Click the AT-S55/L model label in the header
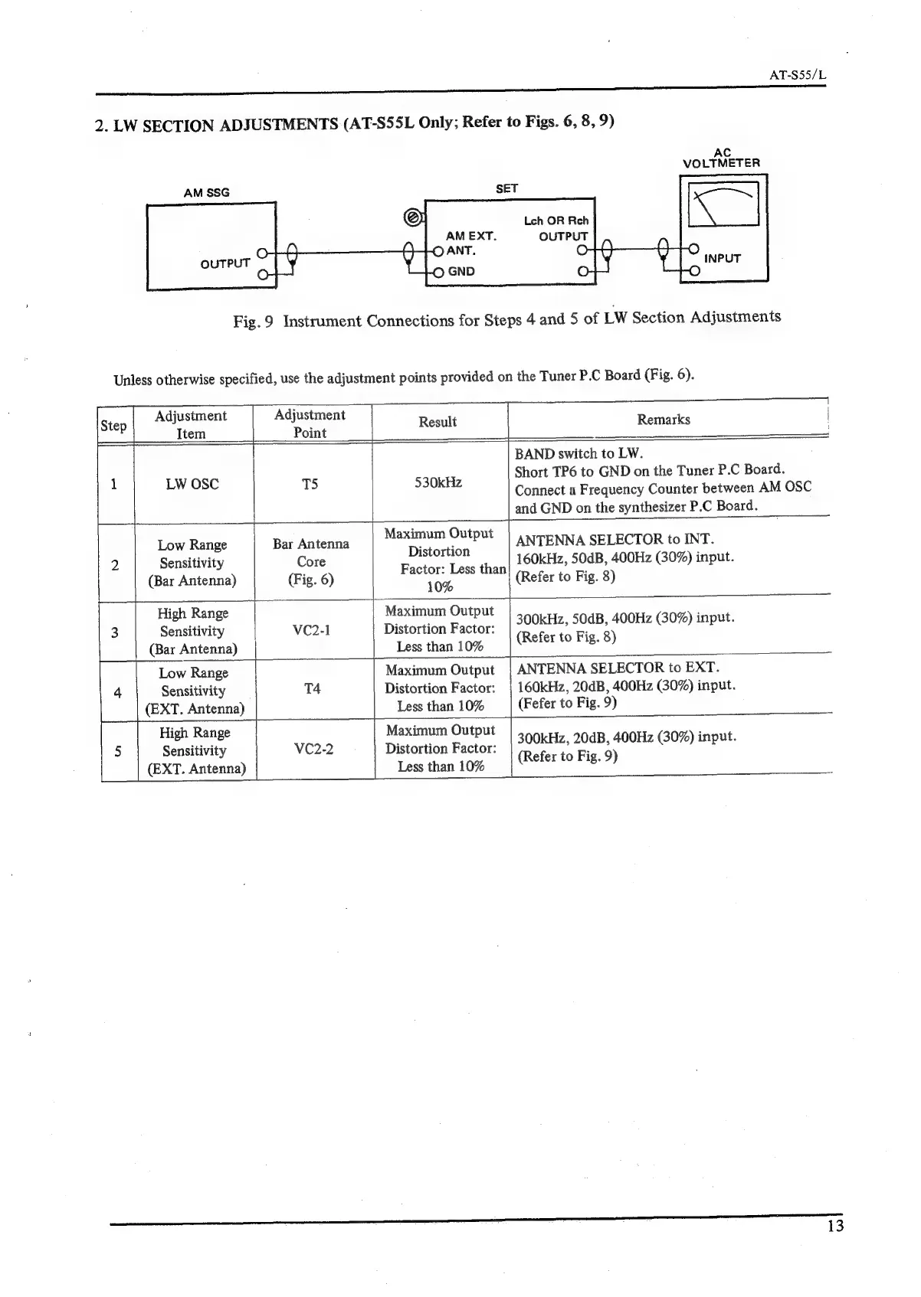coord(797,76)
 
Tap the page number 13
coord(835,1226)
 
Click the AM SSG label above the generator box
coord(206,193)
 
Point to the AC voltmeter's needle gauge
coord(723,204)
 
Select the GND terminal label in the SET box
coord(461,271)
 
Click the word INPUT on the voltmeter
coord(722,259)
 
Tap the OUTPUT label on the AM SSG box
coord(225,263)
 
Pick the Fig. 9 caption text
coord(506,319)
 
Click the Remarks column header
coord(664,420)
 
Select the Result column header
coord(438,422)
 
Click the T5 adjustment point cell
coord(310,484)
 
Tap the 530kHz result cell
coord(438,482)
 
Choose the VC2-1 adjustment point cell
coord(311,630)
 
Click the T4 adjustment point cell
coord(312,689)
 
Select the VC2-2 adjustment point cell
coord(313,749)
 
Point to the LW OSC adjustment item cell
coord(192,484)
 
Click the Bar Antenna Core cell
coord(311,561)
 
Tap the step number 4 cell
coord(117,693)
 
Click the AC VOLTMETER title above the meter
coord(721,158)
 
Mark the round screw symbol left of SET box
coord(412,217)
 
